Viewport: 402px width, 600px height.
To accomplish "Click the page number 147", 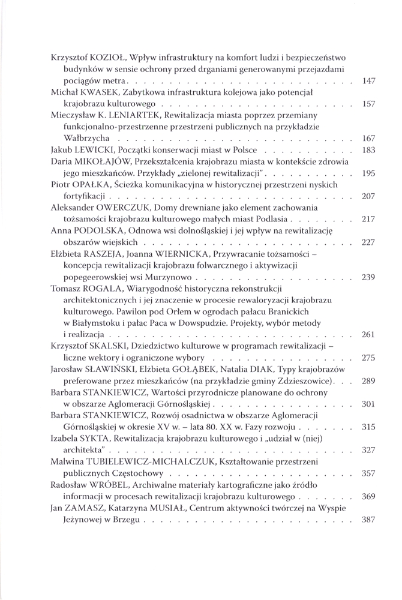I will [370, 80].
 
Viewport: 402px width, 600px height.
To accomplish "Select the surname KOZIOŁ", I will [106, 58].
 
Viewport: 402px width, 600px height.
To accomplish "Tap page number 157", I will [370, 104].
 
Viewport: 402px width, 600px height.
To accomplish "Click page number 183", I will [370, 149].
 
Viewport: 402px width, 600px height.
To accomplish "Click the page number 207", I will [370, 196].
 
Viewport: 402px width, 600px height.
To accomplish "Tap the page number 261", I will [370, 334].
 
